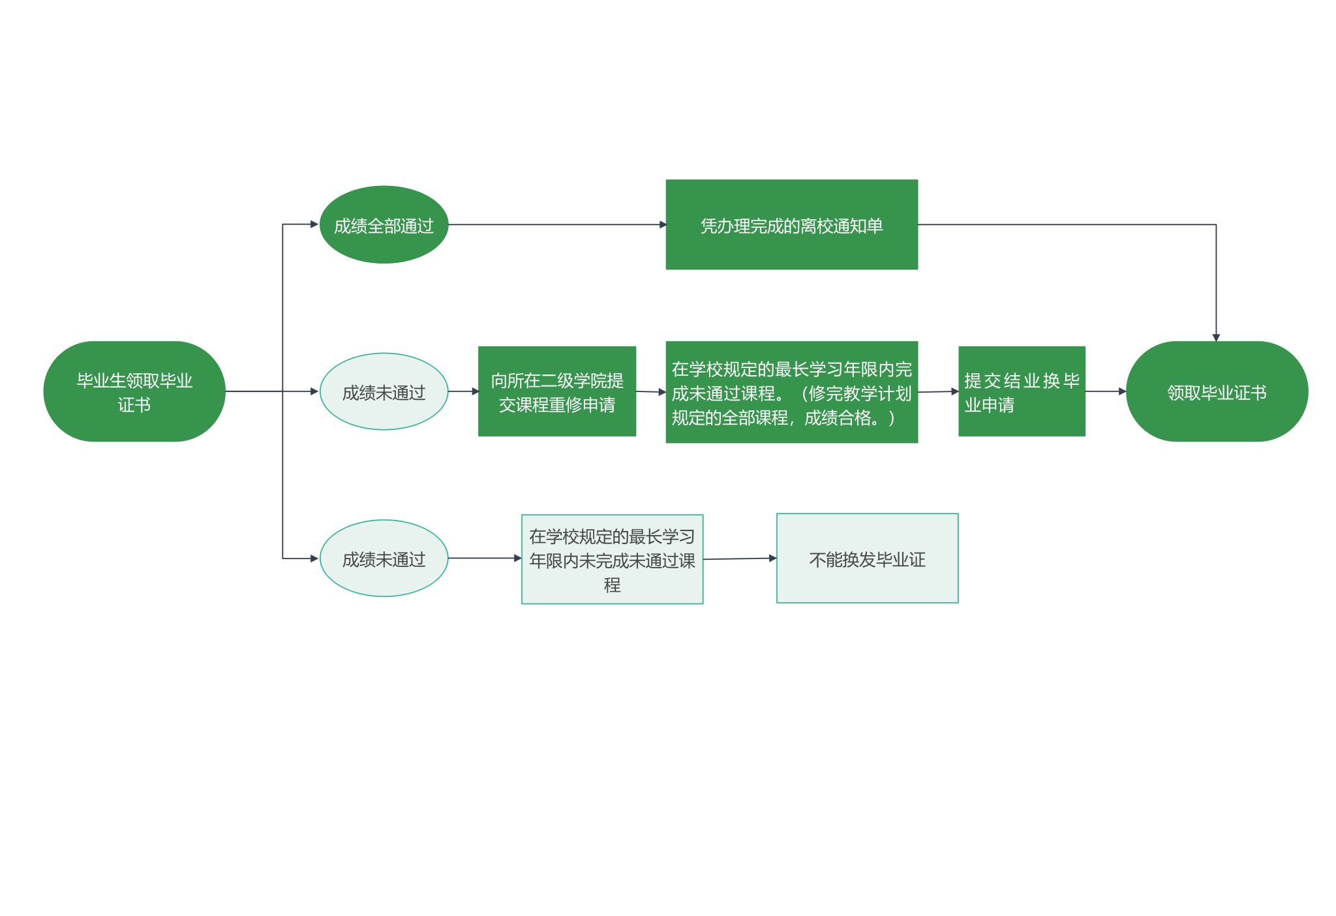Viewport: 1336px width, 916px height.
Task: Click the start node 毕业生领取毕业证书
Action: (134, 391)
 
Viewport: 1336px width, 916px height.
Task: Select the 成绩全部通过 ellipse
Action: (384, 225)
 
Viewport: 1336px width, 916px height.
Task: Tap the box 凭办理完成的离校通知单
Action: (791, 224)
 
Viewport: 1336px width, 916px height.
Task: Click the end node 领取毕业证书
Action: (1217, 391)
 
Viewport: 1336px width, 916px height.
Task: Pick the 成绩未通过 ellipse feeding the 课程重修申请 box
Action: (384, 391)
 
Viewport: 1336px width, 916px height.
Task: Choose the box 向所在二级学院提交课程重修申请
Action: (556, 391)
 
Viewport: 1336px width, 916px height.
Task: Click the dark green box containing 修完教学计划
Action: (791, 392)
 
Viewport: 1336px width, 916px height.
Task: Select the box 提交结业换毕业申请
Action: (1022, 391)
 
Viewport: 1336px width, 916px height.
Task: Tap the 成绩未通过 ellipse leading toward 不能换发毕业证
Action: (384, 558)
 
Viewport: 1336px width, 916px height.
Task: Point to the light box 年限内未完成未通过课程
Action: (612, 559)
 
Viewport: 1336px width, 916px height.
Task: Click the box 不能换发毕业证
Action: (867, 558)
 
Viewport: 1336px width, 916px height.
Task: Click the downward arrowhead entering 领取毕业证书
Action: (1216, 337)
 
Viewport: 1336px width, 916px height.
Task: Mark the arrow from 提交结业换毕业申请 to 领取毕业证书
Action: (1106, 391)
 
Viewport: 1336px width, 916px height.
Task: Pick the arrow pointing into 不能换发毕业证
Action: (740, 558)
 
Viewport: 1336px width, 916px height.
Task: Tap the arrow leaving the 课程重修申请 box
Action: (650, 392)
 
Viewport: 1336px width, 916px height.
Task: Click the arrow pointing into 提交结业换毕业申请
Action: (938, 392)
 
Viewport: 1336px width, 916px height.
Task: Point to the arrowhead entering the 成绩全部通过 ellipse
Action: (314, 224)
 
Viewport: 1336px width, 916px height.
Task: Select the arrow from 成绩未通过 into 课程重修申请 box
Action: (463, 391)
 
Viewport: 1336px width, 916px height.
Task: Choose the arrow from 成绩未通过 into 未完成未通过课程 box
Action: (485, 558)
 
